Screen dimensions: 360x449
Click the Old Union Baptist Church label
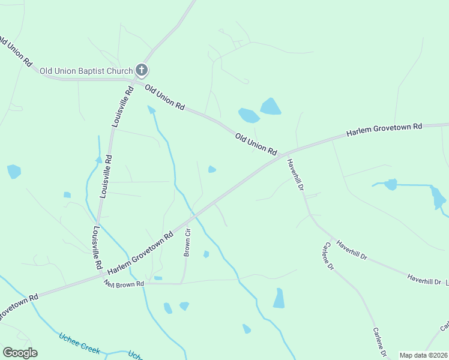click(86, 71)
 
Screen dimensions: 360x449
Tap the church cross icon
click(142, 71)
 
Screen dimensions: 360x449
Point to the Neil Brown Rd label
click(124, 283)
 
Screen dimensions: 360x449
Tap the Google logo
click(20, 353)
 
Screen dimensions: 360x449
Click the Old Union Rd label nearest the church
click(164, 97)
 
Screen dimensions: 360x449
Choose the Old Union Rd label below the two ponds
click(256, 144)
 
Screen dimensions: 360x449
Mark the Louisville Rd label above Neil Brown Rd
click(97, 248)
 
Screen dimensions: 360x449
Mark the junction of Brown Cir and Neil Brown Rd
click(181, 283)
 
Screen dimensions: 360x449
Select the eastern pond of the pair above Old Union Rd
click(270, 107)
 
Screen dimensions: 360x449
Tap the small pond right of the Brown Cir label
click(206, 254)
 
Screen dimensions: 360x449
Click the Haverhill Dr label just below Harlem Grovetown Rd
click(295, 175)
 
